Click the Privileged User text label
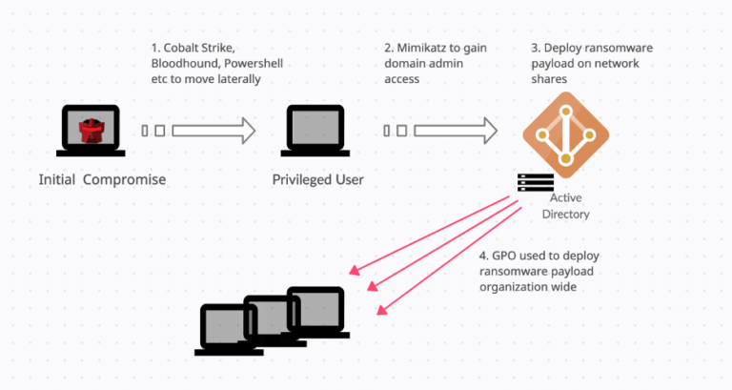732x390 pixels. click(x=317, y=180)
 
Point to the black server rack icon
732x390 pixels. click(x=535, y=182)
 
